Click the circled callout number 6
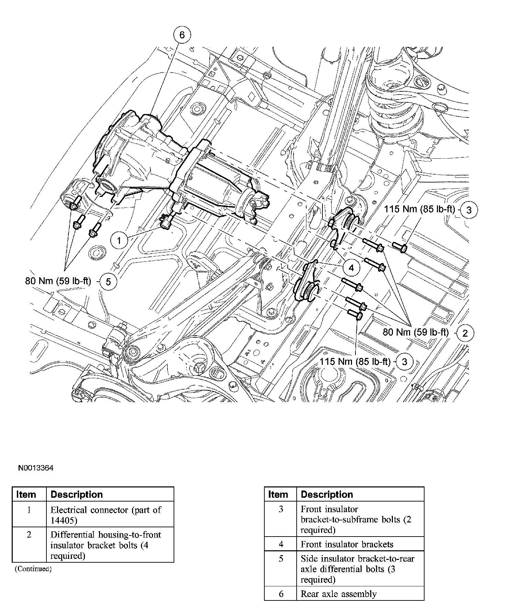point(182,35)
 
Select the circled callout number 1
point(119,240)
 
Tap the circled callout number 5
point(108,282)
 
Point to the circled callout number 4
point(351,268)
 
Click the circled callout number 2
point(465,333)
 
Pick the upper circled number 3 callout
point(469,210)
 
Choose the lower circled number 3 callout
point(405,361)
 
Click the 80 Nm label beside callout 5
point(58,281)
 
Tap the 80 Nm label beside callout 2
point(416,332)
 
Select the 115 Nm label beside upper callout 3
point(419,209)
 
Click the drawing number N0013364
point(36,468)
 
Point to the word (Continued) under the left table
point(33,569)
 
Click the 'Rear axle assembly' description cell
point(339,594)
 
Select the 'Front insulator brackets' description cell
point(347,544)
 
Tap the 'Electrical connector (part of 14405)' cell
point(106,515)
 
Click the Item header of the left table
point(26,494)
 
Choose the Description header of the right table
point(327,494)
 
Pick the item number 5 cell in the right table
point(281,559)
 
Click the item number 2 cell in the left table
point(29,535)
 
